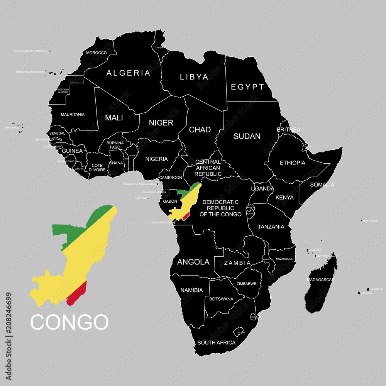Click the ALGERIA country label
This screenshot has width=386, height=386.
tap(128, 73)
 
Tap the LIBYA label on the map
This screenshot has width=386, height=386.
tap(194, 77)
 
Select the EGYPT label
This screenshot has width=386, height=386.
tap(247, 87)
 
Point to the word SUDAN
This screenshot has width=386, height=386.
tap(247, 136)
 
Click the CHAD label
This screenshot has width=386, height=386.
tap(200, 130)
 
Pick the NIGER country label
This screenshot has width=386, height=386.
tap(161, 123)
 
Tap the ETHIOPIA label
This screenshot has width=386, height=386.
tap(292, 163)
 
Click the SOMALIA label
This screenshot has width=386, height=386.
tap(322, 185)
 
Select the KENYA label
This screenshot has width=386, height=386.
tap(284, 198)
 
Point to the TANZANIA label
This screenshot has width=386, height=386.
tap(271, 227)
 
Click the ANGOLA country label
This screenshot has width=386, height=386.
tap(193, 262)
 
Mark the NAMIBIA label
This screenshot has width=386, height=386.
tap(191, 290)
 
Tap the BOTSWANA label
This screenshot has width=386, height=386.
tap(221, 299)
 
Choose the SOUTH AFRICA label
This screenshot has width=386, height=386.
tap(216, 342)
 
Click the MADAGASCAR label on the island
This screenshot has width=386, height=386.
tap(320, 279)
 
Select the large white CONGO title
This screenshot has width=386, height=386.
tap(69, 322)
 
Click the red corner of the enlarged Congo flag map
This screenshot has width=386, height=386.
tap(77, 294)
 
